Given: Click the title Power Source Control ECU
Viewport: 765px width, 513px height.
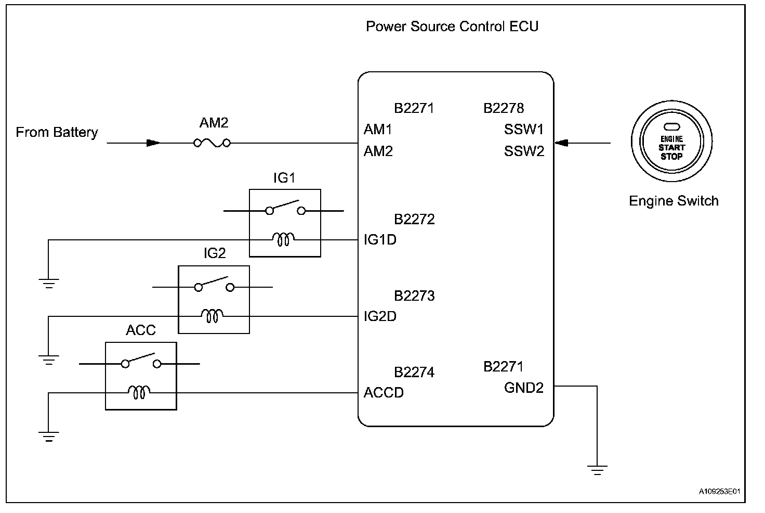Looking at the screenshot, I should (452, 27).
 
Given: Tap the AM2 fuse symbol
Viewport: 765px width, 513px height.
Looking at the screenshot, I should (212, 143).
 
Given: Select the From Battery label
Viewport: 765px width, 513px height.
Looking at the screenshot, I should (57, 132).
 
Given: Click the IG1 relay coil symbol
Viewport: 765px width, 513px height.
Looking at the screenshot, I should (283, 239).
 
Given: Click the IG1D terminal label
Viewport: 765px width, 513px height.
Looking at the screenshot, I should (380, 240).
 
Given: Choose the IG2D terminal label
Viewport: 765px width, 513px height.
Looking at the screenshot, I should (380, 316).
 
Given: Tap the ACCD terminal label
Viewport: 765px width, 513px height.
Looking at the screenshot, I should (384, 393).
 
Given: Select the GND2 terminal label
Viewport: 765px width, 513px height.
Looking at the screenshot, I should (523, 388).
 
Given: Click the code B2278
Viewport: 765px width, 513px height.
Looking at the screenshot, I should (504, 108).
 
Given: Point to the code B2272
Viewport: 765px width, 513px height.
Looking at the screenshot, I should (414, 219).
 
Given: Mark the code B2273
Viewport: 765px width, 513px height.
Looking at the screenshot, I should (414, 296).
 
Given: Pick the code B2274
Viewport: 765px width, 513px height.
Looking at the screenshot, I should (414, 372).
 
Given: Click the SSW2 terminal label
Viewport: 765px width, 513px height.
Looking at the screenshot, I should (524, 151).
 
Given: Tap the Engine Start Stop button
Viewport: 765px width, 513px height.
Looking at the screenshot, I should (671, 141).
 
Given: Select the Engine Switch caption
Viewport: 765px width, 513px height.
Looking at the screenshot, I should (674, 201).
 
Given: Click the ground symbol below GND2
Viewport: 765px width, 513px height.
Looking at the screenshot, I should (597, 470).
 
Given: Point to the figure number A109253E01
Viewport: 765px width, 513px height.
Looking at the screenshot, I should (719, 491).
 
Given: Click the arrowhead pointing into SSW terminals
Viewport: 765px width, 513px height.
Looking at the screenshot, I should (562, 143).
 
